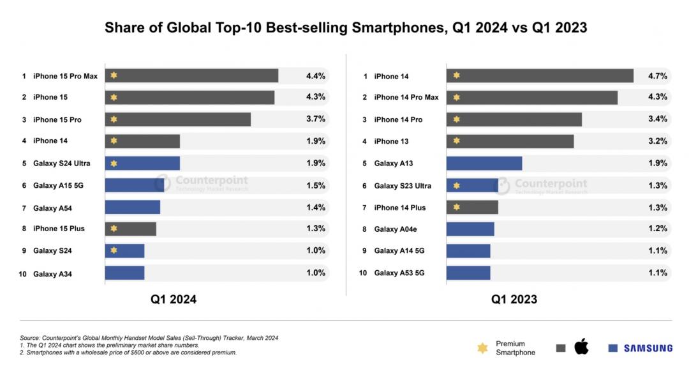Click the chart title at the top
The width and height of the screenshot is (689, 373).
point(345,27)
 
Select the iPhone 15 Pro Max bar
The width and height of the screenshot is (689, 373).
point(191,75)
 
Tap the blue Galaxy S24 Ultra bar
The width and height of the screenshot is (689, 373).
point(142,163)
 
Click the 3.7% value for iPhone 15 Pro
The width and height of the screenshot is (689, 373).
point(316,119)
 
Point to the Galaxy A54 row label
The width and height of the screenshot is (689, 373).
point(54,208)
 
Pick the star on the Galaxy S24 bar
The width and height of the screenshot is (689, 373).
point(114,250)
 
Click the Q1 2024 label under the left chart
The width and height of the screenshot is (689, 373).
point(174,299)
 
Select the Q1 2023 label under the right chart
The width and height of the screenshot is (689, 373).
point(514,299)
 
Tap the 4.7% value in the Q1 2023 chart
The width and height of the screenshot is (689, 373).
point(657,76)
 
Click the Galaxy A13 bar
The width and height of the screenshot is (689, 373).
point(484,163)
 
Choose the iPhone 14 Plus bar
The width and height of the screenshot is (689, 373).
point(472,207)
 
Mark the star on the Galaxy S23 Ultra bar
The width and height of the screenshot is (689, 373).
point(456,186)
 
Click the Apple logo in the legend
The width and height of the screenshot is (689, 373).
point(581,347)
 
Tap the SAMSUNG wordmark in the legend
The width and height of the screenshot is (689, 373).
point(648,348)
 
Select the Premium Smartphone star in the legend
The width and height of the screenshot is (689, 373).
point(483,348)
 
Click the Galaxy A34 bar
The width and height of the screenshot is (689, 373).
point(124,273)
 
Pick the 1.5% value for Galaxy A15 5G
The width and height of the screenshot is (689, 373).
point(316,185)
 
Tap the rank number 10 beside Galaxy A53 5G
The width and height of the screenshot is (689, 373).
point(364,273)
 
